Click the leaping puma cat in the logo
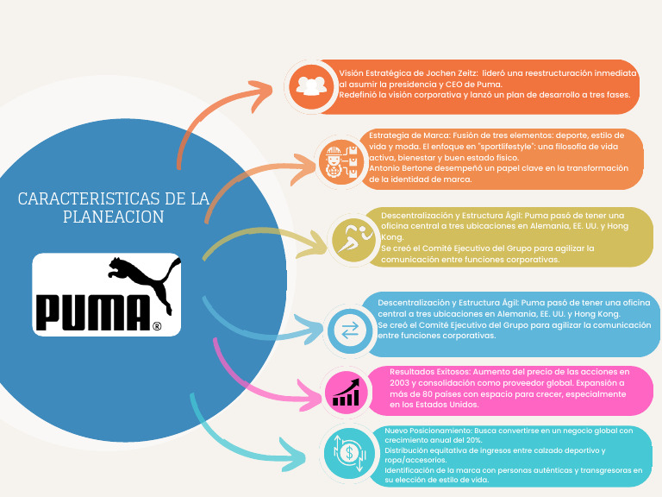click(x=142, y=279)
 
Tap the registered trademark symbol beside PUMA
click(x=156, y=326)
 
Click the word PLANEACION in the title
click(x=113, y=217)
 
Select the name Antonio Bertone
click(x=400, y=168)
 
